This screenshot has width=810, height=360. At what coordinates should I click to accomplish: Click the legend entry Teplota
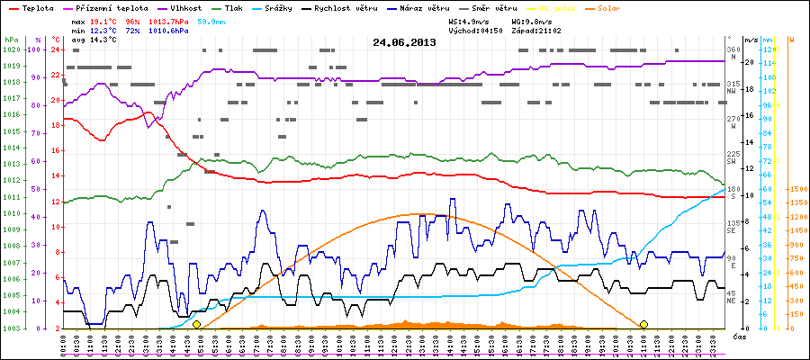[37, 7]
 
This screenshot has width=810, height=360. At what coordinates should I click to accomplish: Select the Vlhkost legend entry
[186, 7]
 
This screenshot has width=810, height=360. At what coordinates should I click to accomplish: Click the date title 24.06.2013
[404, 41]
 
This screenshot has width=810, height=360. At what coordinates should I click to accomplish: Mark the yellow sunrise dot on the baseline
[196, 324]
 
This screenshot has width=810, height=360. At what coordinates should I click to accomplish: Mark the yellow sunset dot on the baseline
[643, 324]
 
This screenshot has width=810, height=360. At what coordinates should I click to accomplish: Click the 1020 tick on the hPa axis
[10, 49]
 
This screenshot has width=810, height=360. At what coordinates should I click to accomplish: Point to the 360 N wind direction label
[732, 53]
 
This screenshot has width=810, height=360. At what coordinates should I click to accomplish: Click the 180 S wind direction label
[732, 193]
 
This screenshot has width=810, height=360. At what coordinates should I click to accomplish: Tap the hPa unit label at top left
[10, 40]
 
